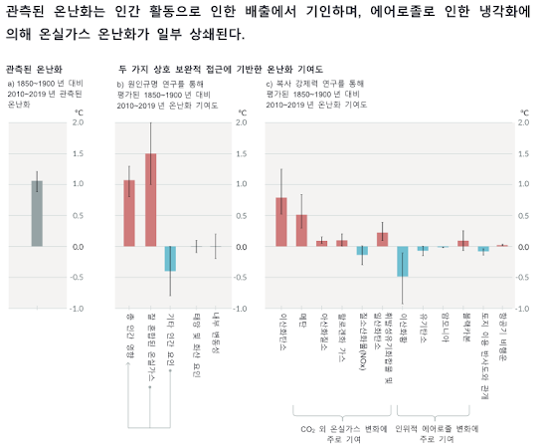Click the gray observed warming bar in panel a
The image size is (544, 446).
(37, 213)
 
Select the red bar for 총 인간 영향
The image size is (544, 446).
(128, 213)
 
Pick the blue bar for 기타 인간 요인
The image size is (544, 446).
(170, 258)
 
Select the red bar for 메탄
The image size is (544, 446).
(301, 230)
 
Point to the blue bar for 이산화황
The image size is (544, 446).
(403, 261)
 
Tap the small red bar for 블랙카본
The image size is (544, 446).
(462, 243)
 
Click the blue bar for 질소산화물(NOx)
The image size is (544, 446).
(363, 250)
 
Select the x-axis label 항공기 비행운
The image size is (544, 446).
(503, 339)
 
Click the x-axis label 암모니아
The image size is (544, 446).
(444, 334)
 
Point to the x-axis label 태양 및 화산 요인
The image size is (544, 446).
(195, 341)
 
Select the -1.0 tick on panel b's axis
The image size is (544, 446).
(242, 310)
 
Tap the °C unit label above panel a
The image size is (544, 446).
(79, 112)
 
